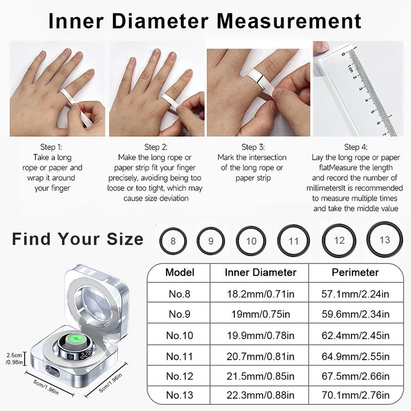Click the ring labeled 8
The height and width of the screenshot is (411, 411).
[x=160, y=241]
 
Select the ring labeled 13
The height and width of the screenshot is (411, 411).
[x=367, y=239]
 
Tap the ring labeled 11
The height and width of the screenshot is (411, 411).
[x=278, y=240]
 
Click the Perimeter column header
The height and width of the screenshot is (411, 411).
[x=355, y=272]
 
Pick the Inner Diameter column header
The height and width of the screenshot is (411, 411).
[x=260, y=272]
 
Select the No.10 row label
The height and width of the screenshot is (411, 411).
[x=179, y=335]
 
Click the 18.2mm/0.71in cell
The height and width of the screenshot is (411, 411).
[x=260, y=294]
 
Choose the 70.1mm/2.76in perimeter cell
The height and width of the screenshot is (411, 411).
[x=356, y=395]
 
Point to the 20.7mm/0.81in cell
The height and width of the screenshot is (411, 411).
[x=260, y=357]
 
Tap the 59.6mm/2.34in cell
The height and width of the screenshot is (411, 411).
[x=356, y=314]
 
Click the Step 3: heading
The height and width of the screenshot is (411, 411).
[x=253, y=147]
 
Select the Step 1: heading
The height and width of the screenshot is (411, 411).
[x=51, y=147]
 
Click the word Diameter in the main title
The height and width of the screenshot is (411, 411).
[x=160, y=21]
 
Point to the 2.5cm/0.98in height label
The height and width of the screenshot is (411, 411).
[x=14, y=359]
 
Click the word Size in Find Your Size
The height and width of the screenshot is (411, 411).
[x=125, y=239]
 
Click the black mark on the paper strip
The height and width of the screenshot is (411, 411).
[x=258, y=79]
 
